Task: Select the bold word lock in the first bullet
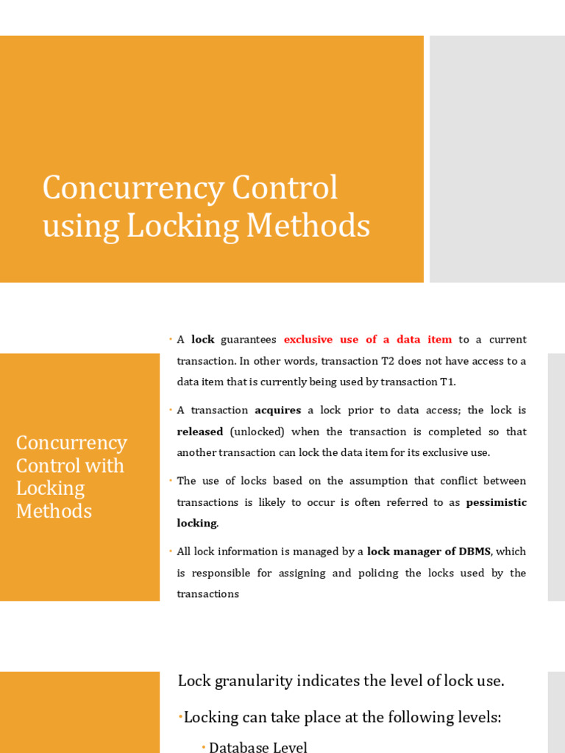(202, 340)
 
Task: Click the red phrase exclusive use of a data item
(368, 340)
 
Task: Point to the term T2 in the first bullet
(388, 361)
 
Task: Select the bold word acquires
(277, 410)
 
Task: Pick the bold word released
(199, 432)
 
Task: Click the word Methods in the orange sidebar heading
(54, 511)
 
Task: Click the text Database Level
(257, 747)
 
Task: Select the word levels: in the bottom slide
(476, 717)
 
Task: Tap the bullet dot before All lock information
(170, 551)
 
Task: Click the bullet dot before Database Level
(204, 747)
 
